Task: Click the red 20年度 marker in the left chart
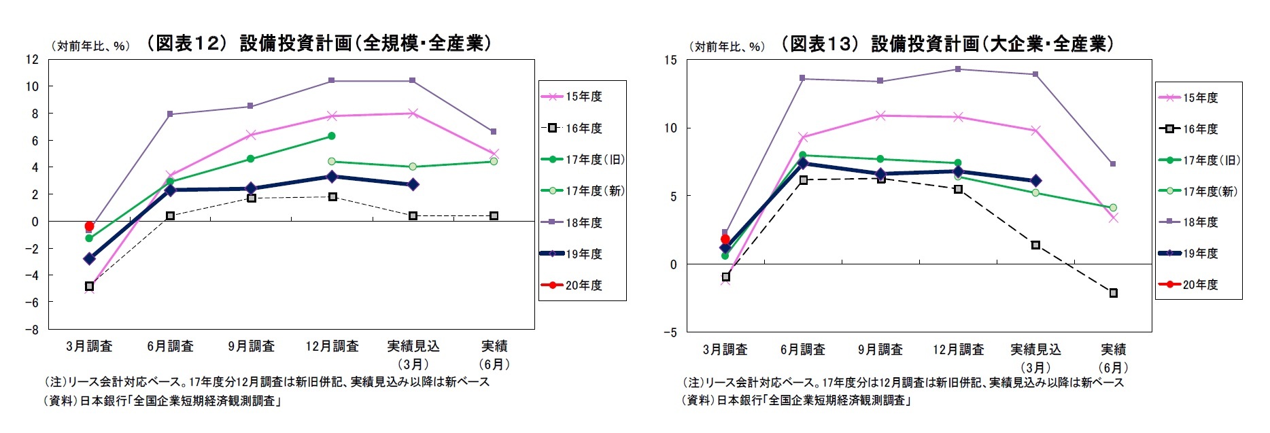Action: [89, 226]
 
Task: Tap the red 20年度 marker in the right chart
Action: [725, 239]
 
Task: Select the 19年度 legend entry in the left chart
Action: [583, 254]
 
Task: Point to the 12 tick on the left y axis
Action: [32, 59]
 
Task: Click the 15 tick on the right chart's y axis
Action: [670, 60]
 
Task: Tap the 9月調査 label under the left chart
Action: [251, 346]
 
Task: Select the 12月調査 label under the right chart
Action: [958, 349]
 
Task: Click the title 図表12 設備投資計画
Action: [318, 43]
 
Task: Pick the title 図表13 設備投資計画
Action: [948, 44]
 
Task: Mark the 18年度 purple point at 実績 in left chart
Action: [494, 131]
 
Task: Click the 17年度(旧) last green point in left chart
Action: [332, 136]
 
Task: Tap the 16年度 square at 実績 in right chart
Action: [1113, 293]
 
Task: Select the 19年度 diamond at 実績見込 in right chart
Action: [1035, 181]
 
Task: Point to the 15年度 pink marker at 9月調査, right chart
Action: [880, 116]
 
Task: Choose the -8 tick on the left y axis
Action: [32, 330]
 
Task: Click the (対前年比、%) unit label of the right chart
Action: [727, 46]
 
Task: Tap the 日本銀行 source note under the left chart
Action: [163, 400]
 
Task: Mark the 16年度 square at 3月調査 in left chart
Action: [89, 286]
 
